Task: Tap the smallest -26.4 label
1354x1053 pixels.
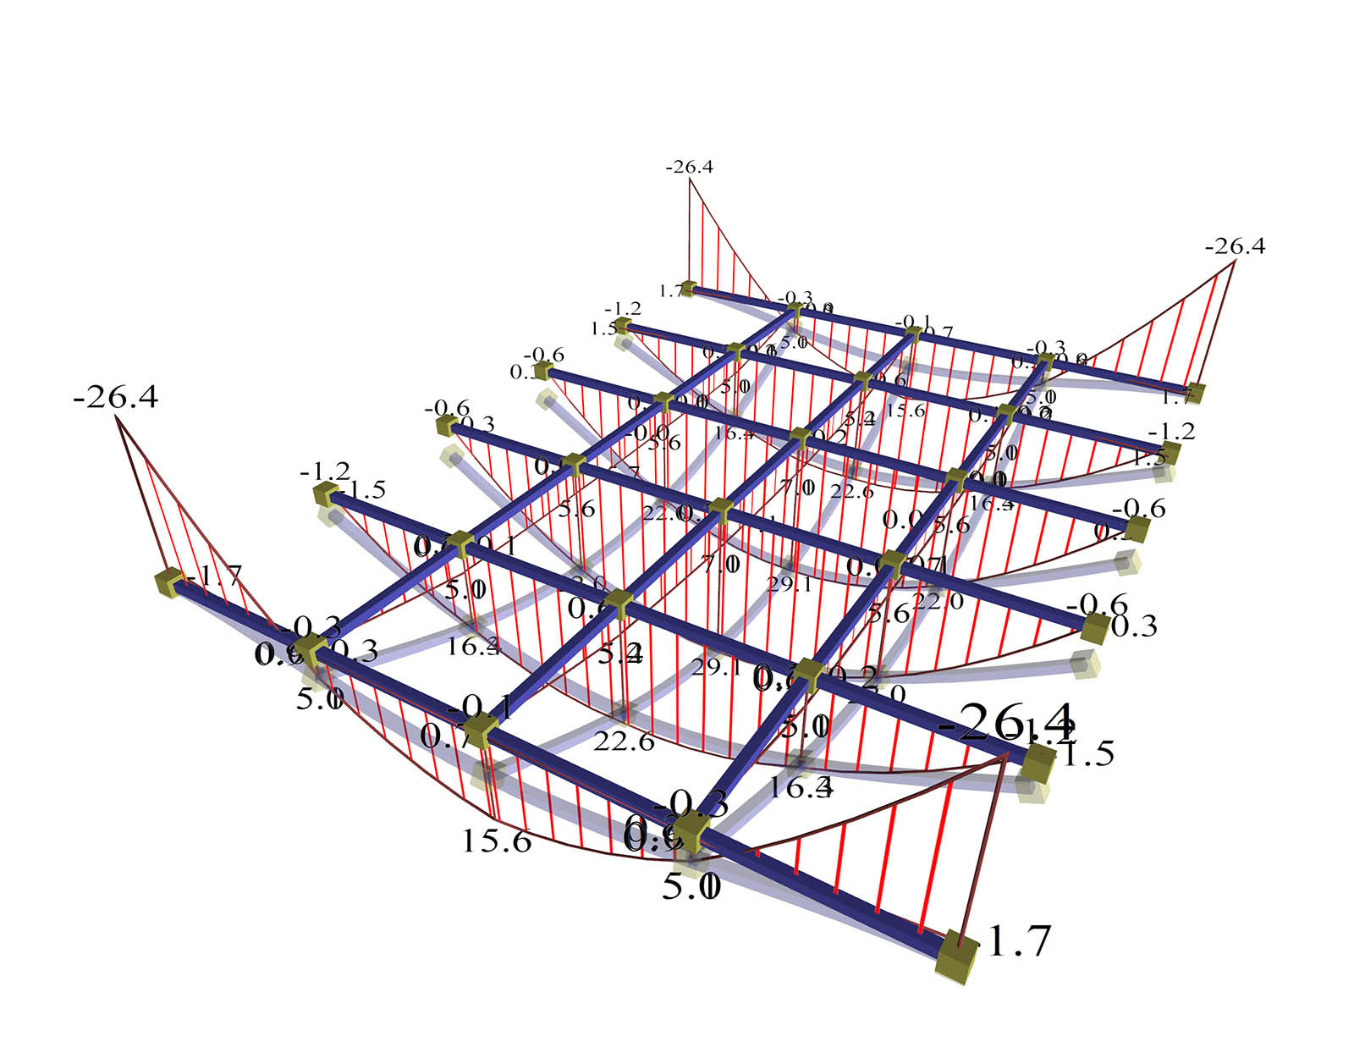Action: click(689, 167)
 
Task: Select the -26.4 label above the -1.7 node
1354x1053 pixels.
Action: click(116, 396)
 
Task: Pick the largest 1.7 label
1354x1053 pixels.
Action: click(1018, 941)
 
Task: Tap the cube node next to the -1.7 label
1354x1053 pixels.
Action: click(169, 582)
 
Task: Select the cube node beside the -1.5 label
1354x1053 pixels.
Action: click(325, 495)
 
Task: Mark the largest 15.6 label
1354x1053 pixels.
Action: click(496, 841)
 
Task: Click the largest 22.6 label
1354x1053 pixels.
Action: click(624, 742)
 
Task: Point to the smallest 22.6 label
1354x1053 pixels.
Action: click(850, 491)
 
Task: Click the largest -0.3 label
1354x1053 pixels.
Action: click(691, 802)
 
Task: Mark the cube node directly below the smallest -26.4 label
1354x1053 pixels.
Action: click(688, 289)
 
